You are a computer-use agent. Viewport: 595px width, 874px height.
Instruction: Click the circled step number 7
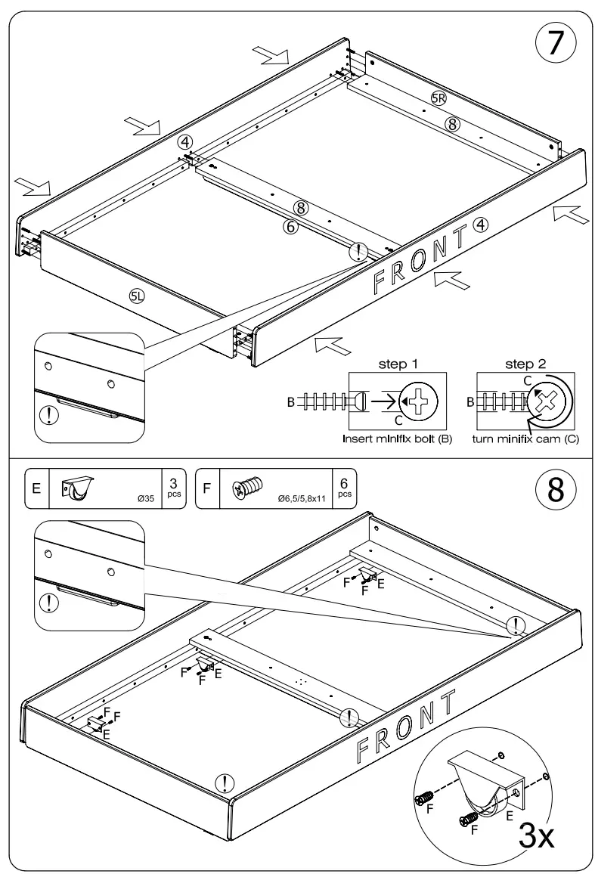tap(555, 44)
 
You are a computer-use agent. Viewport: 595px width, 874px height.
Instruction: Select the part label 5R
tap(439, 98)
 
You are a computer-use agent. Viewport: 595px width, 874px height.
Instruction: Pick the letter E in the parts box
tap(36, 489)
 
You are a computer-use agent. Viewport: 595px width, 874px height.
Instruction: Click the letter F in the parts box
tap(207, 489)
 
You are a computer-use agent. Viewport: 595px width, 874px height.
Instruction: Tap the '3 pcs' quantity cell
tap(173, 489)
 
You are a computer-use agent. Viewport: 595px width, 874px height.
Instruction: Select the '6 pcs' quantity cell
tap(344, 489)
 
